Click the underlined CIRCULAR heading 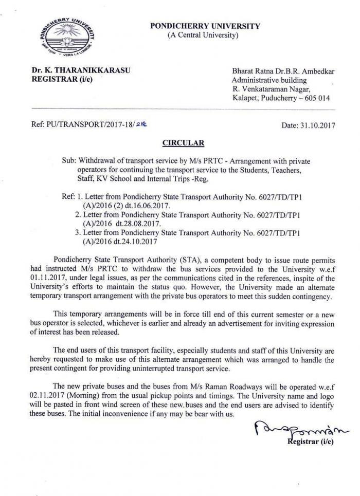coord(184,143)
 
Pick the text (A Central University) coord(203,35)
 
